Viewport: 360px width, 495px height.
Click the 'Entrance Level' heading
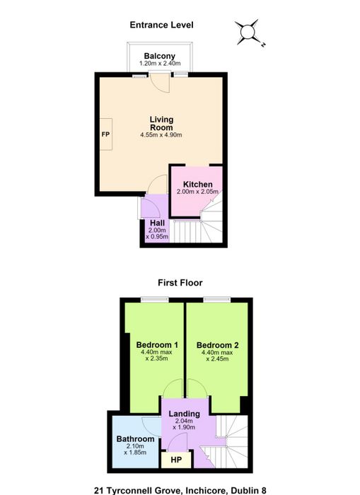click(x=161, y=25)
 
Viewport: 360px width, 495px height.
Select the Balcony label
click(x=159, y=56)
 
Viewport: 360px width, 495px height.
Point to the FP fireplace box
click(x=106, y=134)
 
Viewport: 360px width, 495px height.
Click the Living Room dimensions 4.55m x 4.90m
click(x=161, y=135)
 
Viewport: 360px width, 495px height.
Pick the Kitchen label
click(x=198, y=185)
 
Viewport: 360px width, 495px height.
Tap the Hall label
click(x=157, y=223)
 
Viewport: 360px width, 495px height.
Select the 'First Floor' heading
click(x=180, y=283)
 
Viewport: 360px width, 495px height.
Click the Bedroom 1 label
click(x=157, y=345)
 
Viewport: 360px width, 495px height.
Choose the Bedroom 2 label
click(x=217, y=345)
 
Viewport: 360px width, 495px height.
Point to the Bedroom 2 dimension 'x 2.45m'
click(x=217, y=359)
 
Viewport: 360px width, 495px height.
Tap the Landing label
click(x=184, y=414)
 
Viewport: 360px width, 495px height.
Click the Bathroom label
click(x=135, y=439)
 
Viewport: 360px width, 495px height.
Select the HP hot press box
click(x=176, y=460)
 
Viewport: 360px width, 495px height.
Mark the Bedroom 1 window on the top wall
click(x=155, y=300)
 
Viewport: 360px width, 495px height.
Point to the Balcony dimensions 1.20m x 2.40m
click(x=160, y=64)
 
